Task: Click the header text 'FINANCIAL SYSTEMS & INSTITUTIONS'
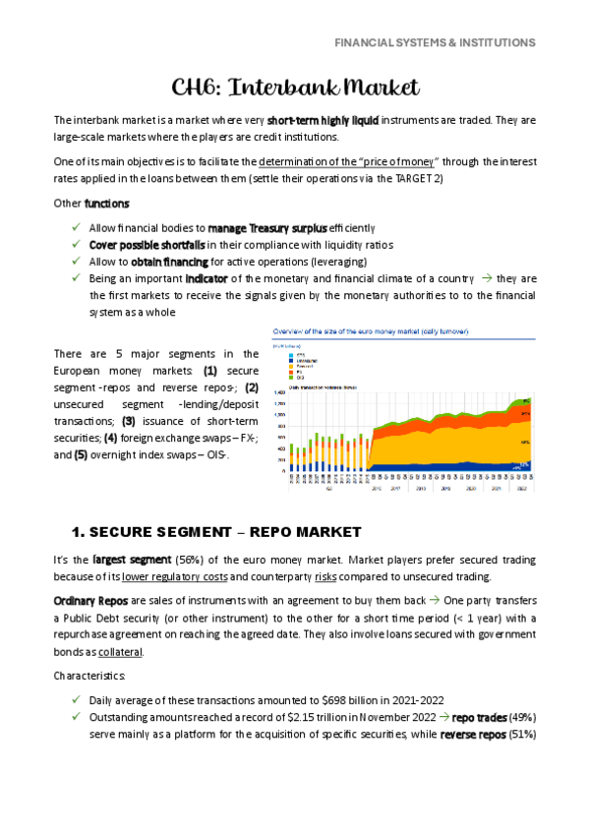click(435, 43)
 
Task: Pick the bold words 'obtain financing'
click(166, 261)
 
